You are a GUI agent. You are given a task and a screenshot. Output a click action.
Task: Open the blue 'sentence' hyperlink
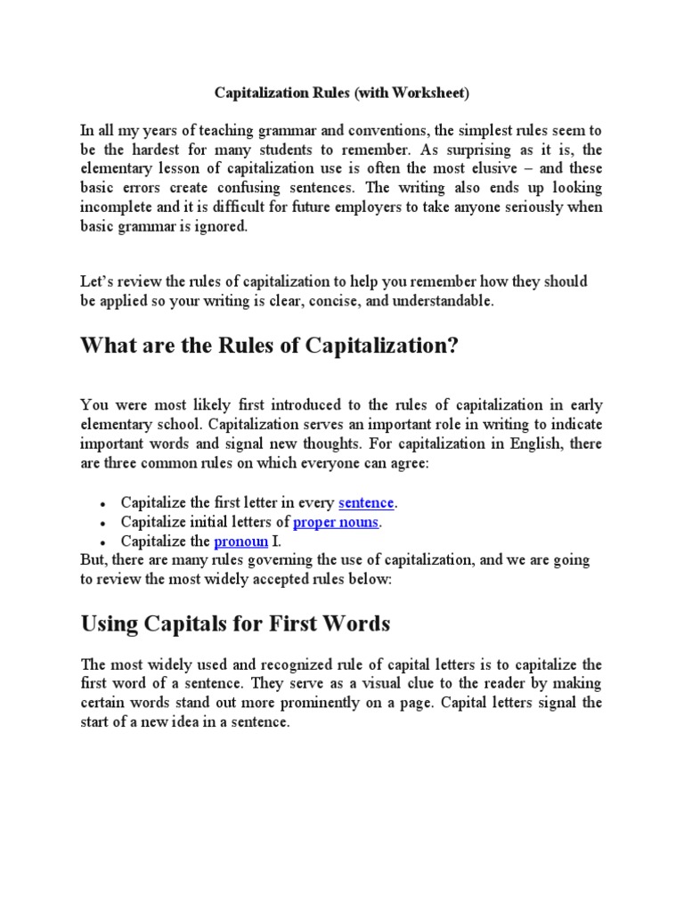tap(366, 502)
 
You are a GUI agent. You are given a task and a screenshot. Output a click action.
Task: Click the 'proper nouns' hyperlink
tap(336, 522)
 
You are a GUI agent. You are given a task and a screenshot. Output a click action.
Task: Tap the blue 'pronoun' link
tap(240, 541)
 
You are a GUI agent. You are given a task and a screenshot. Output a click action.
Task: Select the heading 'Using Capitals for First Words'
tap(235, 623)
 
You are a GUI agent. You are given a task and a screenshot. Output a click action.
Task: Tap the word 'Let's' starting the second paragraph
tap(97, 281)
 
